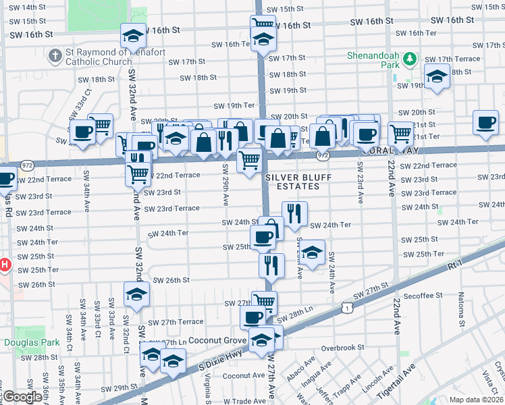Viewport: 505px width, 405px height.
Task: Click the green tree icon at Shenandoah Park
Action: click(x=408, y=59)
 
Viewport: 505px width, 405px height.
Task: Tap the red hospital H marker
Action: click(x=5, y=265)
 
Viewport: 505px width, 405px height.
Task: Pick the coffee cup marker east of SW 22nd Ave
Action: click(x=485, y=122)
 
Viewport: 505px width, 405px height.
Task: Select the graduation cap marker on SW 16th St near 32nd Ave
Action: click(x=133, y=35)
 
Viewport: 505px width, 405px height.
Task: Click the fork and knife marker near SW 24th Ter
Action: click(x=294, y=213)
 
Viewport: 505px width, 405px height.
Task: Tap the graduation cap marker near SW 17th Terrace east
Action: click(x=437, y=76)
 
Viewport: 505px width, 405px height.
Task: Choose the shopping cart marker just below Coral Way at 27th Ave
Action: click(x=249, y=161)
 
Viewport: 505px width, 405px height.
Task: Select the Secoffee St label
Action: click(x=425, y=295)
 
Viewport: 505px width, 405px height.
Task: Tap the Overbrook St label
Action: click(x=342, y=348)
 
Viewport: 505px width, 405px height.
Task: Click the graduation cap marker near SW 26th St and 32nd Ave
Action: click(x=136, y=294)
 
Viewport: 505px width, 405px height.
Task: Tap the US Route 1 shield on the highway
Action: click(x=346, y=308)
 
